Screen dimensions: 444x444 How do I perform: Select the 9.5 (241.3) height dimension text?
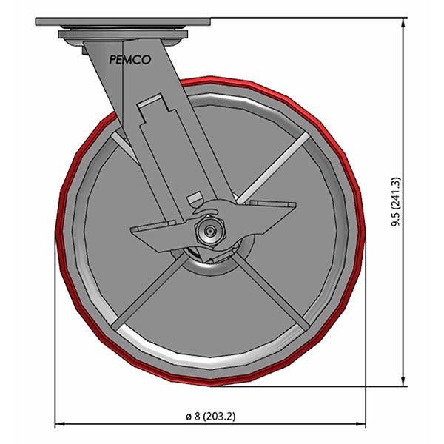397,201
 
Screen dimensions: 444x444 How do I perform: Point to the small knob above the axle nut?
195,199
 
